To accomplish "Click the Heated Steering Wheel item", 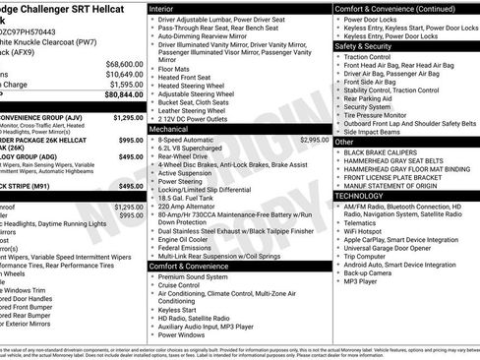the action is click(196, 87).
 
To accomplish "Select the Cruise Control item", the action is click(186, 284).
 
